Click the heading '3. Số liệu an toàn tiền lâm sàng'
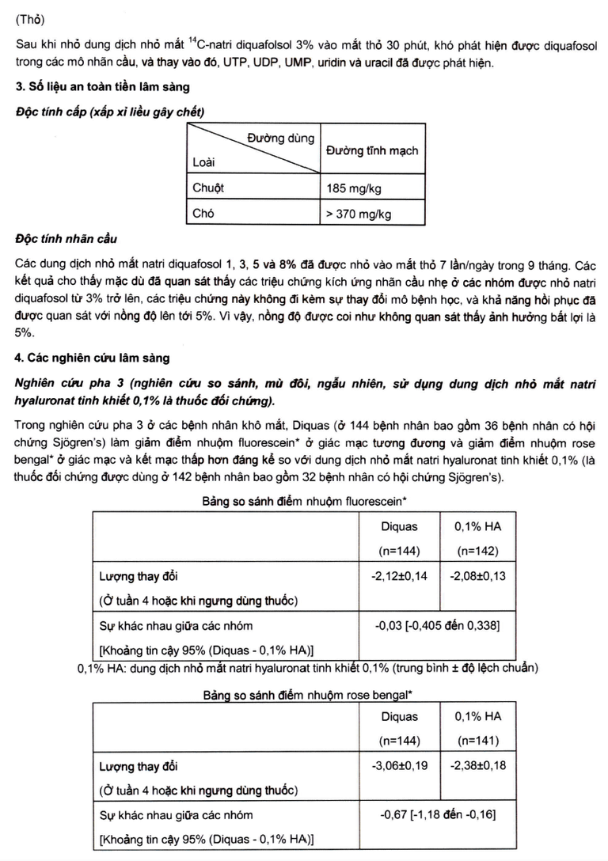(x=102, y=86)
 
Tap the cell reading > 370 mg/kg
(x=359, y=214)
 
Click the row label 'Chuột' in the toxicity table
(x=209, y=188)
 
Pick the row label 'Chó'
(x=203, y=214)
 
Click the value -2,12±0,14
(x=399, y=576)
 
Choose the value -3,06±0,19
(x=399, y=765)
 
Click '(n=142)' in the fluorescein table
(x=478, y=552)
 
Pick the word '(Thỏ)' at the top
(x=31, y=16)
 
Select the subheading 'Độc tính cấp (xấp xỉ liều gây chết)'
(x=110, y=111)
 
